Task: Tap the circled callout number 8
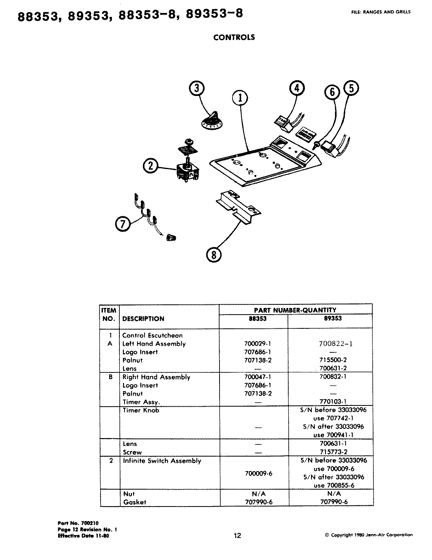214,255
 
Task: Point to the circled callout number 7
123,224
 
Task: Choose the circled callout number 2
151,166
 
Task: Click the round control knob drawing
212,121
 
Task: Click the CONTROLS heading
234,37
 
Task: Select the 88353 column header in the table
257,319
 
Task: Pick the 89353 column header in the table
333,318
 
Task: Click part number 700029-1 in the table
258,344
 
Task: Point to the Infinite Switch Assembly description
162,461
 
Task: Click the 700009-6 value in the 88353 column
258,473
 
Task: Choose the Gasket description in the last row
134,502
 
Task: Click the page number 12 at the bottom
237,535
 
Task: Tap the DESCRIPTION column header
143,319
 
